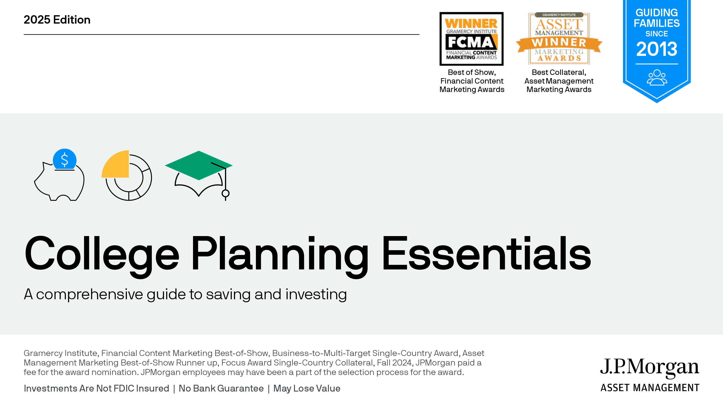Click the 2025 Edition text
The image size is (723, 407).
coord(57,20)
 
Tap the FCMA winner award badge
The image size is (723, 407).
coord(471,39)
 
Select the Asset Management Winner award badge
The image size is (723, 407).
coord(559,39)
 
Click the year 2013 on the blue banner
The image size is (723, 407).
coord(657,49)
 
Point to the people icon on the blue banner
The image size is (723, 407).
coord(657,78)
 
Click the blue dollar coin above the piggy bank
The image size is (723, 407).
coord(65,159)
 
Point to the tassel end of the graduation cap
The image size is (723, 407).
coord(225,193)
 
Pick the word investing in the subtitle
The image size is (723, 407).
coord(316,294)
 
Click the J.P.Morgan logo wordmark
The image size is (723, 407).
coord(650,367)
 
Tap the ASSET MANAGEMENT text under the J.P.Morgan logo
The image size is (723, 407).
coord(650,388)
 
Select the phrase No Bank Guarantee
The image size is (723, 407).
coord(221,389)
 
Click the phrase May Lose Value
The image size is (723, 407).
coord(307,389)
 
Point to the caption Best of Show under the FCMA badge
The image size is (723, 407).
coord(472,72)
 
